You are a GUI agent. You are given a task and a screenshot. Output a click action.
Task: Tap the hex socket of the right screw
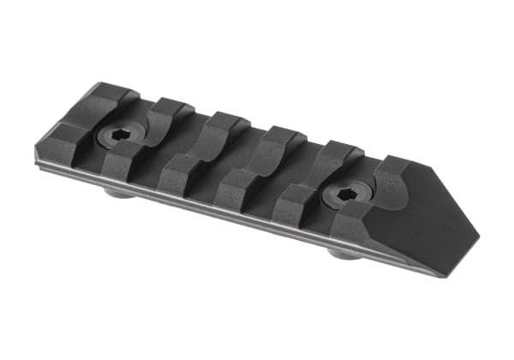click(x=346, y=195)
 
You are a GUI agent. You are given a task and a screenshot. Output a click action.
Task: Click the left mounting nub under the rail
click(x=120, y=193)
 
